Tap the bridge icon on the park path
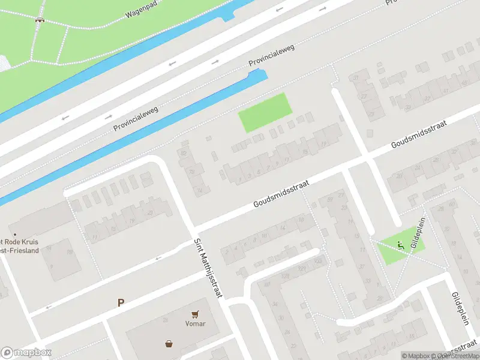(40, 20)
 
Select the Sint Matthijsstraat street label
(208, 268)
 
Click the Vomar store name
(195, 323)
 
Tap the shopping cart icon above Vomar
(195, 314)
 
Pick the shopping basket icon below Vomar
(170, 344)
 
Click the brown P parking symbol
(121, 303)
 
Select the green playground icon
(400, 245)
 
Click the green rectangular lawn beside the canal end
(265, 113)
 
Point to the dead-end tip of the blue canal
(260, 73)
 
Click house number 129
(302, 266)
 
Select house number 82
(183, 154)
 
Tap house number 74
(200, 191)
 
